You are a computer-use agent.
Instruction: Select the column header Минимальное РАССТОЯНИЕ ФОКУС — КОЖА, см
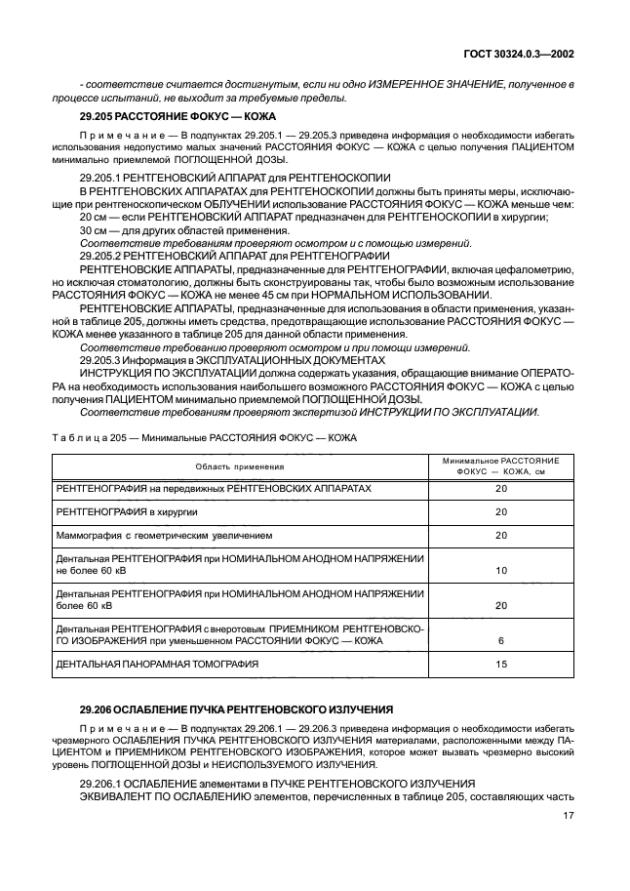coord(500,466)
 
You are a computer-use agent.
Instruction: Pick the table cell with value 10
coord(501,570)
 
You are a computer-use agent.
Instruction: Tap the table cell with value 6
coord(501,640)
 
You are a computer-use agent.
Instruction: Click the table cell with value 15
coord(501,665)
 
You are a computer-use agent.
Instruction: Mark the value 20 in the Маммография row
coord(501,535)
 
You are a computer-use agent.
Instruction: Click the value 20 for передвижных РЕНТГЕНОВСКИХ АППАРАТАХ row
coord(501,487)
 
